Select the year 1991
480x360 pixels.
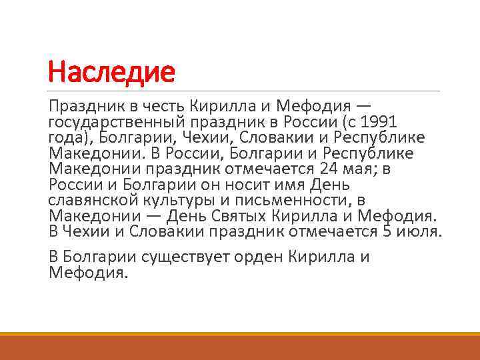[378, 123]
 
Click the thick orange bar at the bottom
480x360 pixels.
[240, 347]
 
